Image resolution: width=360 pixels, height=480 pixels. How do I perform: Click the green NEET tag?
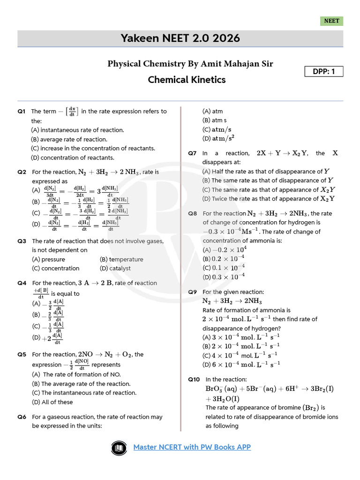tap(332, 21)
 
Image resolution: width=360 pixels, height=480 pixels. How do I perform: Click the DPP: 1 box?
tap(324, 71)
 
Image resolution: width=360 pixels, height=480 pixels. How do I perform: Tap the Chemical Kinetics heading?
tap(187, 80)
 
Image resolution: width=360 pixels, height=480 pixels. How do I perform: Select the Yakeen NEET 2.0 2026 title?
tap(180, 38)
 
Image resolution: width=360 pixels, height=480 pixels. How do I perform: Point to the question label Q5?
tap(22, 354)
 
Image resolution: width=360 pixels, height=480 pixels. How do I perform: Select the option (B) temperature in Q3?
tap(121, 259)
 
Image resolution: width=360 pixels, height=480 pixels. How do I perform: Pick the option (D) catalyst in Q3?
tap(115, 268)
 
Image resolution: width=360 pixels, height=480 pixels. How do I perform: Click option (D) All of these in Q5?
tap(52, 402)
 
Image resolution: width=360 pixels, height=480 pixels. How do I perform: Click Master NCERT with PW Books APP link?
tap(192, 447)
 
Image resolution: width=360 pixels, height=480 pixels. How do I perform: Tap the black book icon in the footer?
tap(120, 448)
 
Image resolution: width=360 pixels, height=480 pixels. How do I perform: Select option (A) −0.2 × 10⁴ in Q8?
tap(225, 250)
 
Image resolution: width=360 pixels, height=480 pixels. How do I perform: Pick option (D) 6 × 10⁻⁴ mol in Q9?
tap(241, 364)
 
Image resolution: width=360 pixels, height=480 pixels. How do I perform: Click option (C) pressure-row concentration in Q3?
tap(56, 268)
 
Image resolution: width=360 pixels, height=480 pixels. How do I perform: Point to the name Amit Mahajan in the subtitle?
tap(229, 63)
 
